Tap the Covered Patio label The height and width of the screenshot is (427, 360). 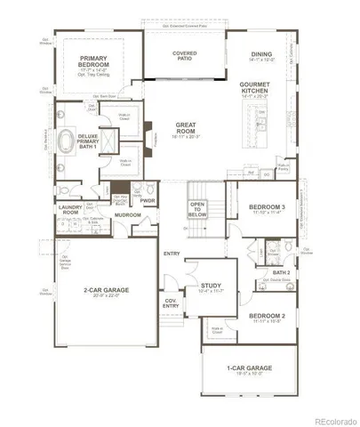(x=185, y=56)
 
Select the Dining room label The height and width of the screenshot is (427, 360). (x=260, y=54)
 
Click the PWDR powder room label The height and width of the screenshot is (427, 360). (x=147, y=200)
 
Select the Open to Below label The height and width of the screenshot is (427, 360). (x=197, y=210)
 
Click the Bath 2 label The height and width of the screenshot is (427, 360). (x=282, y=272)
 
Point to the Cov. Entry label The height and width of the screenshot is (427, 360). (x=172, y=304)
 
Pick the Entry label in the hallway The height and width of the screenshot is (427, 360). (x=171, y=254)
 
